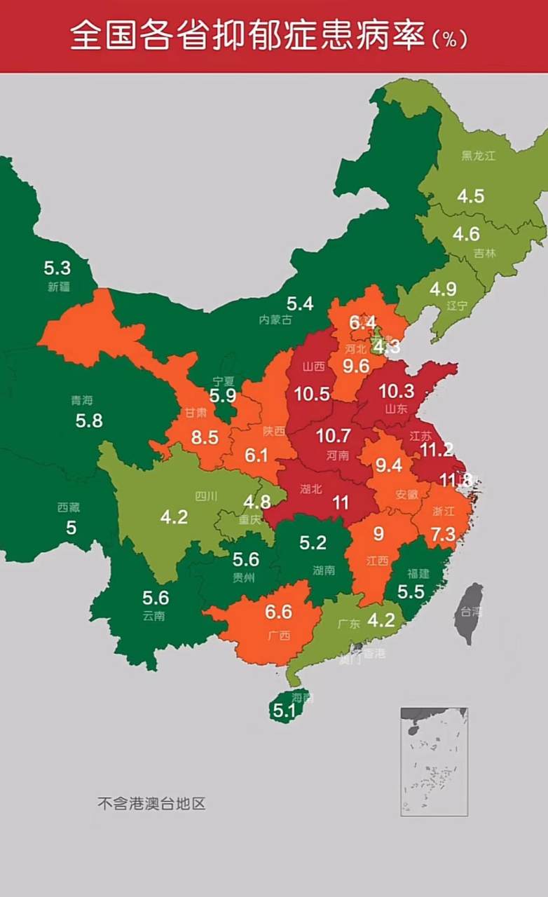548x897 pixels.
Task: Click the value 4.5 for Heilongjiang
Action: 471,196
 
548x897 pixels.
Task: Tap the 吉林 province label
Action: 484,253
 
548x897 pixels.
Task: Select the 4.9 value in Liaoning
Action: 443,289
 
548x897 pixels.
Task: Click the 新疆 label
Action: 59,286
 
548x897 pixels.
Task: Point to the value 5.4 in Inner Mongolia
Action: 299,303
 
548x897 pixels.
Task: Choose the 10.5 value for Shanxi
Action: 312,394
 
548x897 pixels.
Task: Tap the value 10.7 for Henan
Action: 333,436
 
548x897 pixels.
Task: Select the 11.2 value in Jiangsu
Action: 437,450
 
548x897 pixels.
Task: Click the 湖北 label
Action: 311,489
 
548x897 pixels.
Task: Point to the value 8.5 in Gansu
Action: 205,437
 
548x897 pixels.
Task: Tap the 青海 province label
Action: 81,401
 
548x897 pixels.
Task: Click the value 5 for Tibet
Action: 71,527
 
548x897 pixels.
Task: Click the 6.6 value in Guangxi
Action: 278,612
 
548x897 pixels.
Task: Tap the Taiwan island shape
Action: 469,611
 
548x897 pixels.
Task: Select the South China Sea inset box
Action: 434,761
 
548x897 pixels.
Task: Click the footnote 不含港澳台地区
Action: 151,803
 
